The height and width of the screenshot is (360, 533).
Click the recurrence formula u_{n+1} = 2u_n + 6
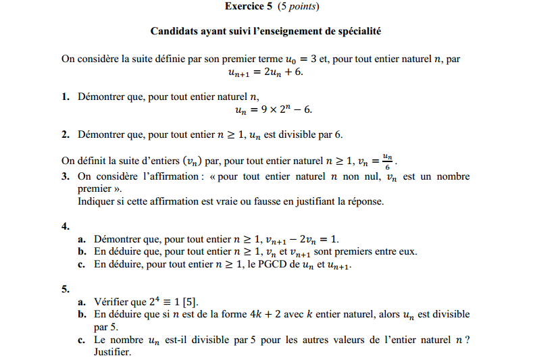(x=265, y=72)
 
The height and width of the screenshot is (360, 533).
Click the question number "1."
(x=66, y=97)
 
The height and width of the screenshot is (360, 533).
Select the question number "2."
(x=66, y=134)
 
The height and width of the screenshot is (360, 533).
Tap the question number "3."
(x=66, y=177)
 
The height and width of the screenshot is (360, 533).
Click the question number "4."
(x=66, y=226)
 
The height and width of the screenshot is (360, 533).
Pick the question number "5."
(x=66, y=289)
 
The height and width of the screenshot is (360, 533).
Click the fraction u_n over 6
(x=387, y=161)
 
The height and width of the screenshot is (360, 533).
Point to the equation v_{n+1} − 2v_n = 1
(x=301, y=239)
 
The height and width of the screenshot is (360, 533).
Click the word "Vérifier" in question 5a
(x=112, y=302)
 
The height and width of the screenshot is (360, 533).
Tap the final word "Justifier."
(x=113, y=352)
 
